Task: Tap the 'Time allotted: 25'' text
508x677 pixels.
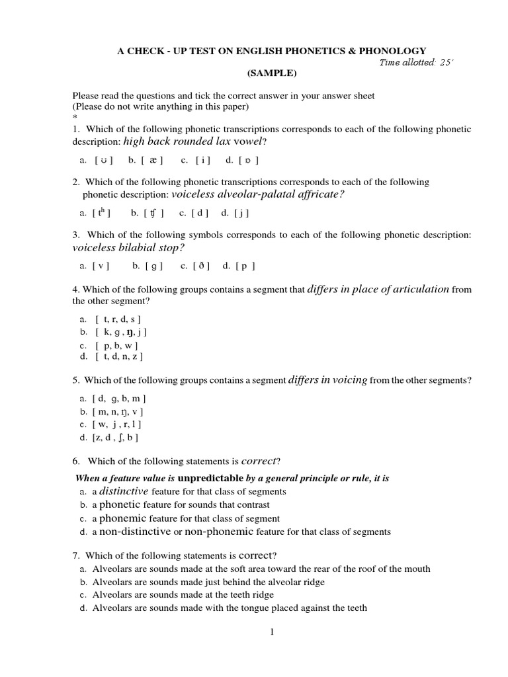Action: pos(416,63)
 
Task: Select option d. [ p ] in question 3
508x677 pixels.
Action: pos(239,266)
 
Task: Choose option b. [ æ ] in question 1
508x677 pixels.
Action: pos(146,160)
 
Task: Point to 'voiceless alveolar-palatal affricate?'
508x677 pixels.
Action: pos(258,194)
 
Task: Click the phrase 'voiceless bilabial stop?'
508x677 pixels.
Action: pos(128,247)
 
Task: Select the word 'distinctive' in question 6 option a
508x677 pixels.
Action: pos(124,491)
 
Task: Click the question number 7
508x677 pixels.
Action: pos(75,554)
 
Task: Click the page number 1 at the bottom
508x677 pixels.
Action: pos(271,633)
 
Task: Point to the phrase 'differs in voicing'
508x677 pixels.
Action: pos(327,380)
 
